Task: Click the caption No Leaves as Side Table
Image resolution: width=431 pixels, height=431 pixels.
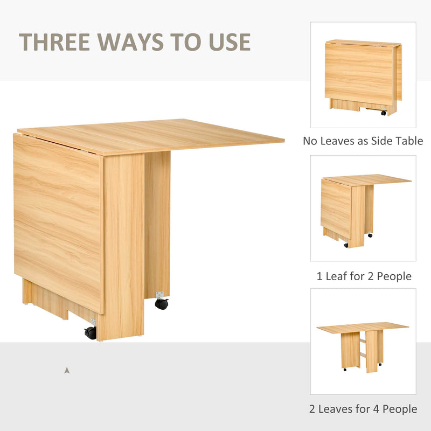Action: tap(363, 141)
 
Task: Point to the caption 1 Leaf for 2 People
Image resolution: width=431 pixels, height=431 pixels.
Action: tap(364, 276)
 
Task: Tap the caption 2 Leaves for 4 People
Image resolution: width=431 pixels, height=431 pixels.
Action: tap(363, 409)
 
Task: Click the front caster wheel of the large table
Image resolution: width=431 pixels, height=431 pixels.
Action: tap(90, 333)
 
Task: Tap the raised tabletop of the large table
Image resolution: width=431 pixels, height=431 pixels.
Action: tap(162, 135)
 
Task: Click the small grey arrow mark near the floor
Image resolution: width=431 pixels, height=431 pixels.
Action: tap(66, 370)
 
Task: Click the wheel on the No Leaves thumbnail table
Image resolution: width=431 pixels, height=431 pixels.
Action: tap(384, 113)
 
